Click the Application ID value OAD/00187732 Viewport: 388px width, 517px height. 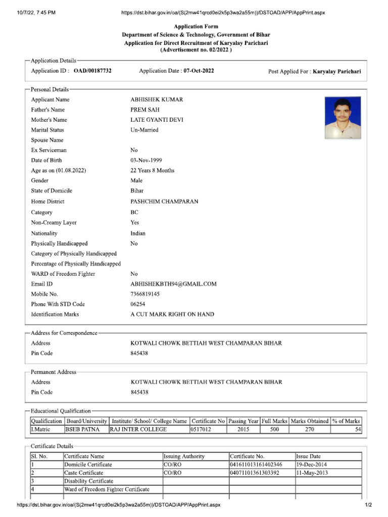coord(92,71)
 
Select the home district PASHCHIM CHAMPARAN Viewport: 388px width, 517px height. coord(164,201)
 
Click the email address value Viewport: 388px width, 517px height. coord(173,284)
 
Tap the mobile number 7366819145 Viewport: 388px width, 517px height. coord(145,294)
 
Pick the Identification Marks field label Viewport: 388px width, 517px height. coord(55,314)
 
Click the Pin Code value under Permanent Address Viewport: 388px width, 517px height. coord(139,392)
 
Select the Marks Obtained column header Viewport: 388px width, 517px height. coord(310,421)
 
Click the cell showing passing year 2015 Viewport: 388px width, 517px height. coord(243,430)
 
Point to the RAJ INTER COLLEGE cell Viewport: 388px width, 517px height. coord(138,430)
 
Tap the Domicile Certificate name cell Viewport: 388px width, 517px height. coord(88,464)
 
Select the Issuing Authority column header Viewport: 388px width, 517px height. coord(184,456)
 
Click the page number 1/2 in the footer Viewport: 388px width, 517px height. coord(368,505)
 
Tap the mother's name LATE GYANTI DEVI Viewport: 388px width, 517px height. coord(157,120)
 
